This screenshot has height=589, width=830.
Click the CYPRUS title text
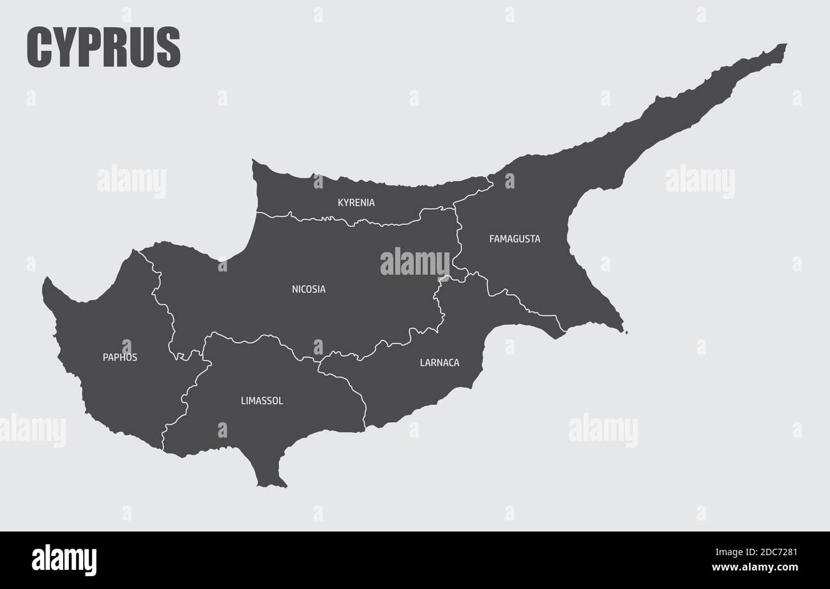pyautogui.click(x=103, y=47)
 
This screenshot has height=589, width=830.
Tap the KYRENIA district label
pyautogui.click(x=356, y=203)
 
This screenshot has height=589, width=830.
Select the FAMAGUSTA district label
pyautogui.click(x=514, y=239)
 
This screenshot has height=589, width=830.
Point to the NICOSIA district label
pyautogui.click(x=308, y=289)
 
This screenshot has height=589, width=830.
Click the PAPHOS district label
pyautogui.click(x=120, y=357)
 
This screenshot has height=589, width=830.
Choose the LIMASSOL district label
pyautogui.click(x=262, y=401)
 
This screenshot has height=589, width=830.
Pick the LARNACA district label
pyautogui.click(x=439, y=363)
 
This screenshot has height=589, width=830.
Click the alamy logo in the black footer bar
pyautogui.click(x=64, y=560)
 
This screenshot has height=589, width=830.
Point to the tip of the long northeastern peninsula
pyautogui.click(x=785, y=45)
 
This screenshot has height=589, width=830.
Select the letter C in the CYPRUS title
pyautogui.click(x=39, y=47)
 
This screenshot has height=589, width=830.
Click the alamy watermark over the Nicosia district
pyautogui.click(x=414, y=262)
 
